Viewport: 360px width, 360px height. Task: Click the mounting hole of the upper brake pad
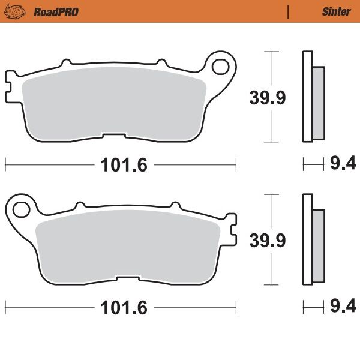pyautogui.click(x=221, y=65)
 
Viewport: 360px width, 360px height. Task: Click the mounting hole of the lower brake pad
pyautogui.click(x=20, y=209)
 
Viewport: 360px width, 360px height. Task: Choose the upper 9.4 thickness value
pyautogui.click(x=342, y=163)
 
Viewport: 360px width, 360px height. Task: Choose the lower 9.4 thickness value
pyautogui.click(x=342, y=307)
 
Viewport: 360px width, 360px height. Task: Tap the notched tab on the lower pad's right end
pyautogui.click(x=230, y=229)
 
